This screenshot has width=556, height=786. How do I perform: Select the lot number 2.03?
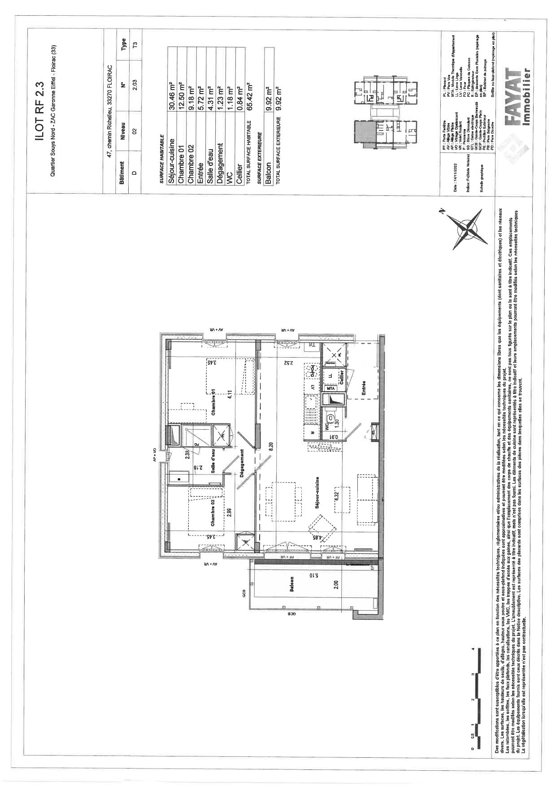click(x=134, y=86)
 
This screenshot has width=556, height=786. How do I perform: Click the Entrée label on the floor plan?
click(x=363, y=388)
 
